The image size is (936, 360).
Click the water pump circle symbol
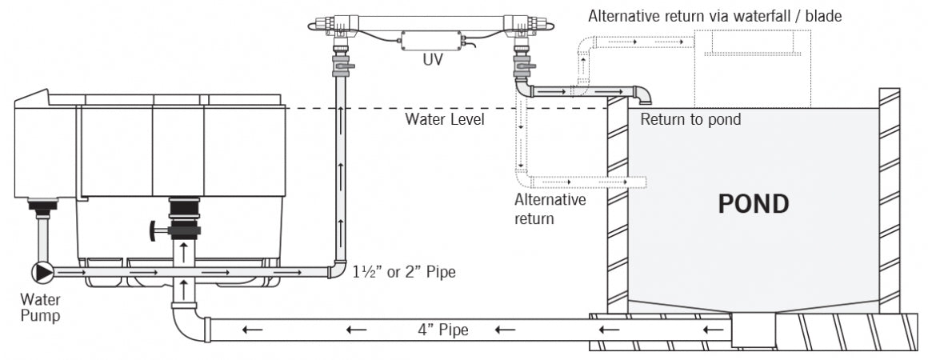pos(41,272)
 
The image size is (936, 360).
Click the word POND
pos(752,204)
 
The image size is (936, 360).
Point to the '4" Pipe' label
pos(442,329)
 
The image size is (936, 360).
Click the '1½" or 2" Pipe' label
pos(404,273)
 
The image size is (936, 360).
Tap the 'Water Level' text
pos(445,120)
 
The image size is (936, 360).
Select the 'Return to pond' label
pos(690,120)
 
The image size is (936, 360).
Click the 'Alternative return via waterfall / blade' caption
pos(714,15)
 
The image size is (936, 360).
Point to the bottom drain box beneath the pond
pos(753,329)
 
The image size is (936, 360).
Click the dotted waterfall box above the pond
pos(753,68)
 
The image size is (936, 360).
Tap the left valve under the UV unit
pos(342,62)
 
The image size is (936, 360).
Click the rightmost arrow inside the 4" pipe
pos(709,329)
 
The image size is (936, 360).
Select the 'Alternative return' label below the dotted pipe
pos(550,207)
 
